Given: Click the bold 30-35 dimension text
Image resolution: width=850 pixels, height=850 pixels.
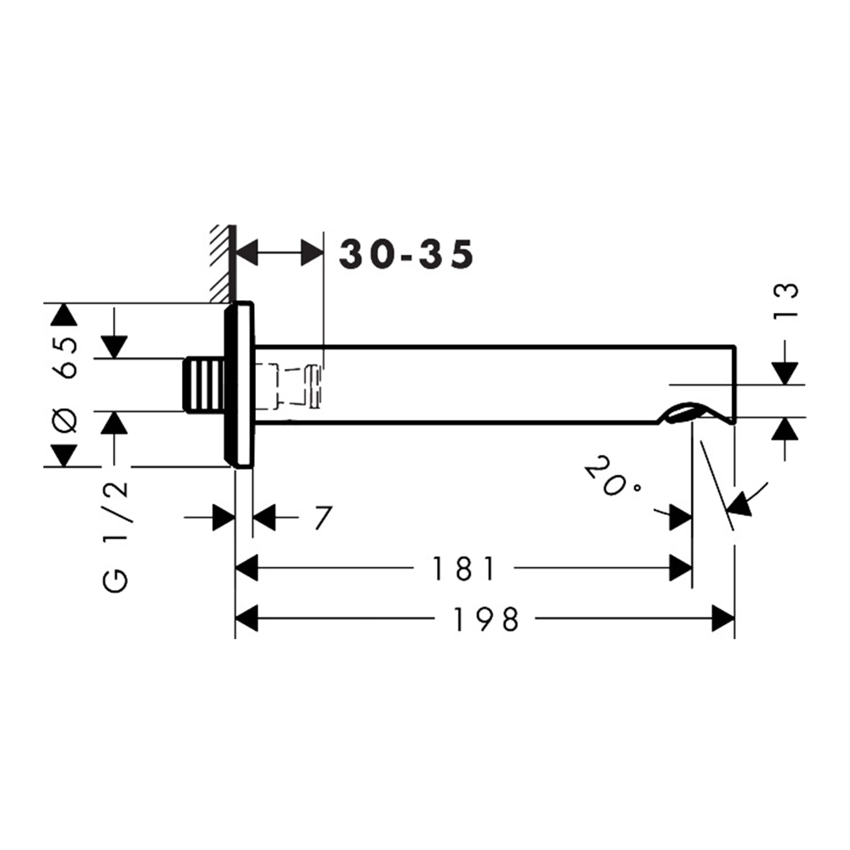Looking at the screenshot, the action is pos(406,254).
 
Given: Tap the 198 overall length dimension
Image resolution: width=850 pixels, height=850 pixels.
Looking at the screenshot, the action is pos(485,619).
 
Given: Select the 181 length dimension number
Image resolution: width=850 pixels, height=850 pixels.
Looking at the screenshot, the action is pos(463,569).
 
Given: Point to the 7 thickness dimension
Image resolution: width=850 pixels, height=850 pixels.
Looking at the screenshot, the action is pos(322,518).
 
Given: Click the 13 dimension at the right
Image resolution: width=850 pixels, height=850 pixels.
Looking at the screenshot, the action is pos(786,300).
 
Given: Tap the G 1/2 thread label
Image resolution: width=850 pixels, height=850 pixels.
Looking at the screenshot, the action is pos(116,536).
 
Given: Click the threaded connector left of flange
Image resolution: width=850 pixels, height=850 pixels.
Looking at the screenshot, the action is pos(204,384).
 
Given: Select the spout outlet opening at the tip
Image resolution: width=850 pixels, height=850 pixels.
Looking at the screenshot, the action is pos(684,414).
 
